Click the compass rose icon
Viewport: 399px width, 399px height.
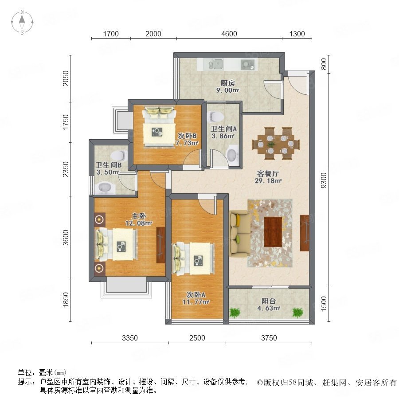[22, 22]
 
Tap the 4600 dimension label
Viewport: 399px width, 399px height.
[229, 34]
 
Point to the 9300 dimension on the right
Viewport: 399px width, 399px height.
[324, 180]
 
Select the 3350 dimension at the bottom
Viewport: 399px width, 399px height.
[130, 338]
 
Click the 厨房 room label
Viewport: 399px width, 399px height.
[227, 83]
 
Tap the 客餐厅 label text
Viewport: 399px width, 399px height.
[268, 174]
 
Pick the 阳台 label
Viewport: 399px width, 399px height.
[269, 301]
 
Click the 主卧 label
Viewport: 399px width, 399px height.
[139, 216]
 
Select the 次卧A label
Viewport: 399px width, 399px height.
[196, 295]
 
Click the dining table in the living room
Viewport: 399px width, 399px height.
[276, 144]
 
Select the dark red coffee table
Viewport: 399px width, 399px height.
[273, 231]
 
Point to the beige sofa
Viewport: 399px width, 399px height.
[239, 233]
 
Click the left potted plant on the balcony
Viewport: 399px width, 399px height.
[235, 313]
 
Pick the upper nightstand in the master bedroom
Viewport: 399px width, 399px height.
[99, 219]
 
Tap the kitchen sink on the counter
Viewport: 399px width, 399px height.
[216, 64]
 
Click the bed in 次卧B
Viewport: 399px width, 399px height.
[160, 127]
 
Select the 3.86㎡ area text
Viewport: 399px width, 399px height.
[223, 136]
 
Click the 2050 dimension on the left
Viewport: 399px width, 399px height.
[66, 78]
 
